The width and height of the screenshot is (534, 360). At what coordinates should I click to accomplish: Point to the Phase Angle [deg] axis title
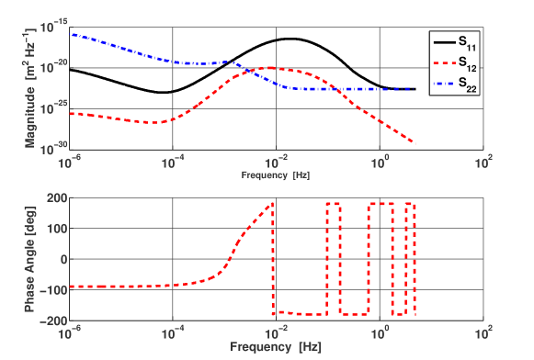click(x=29, y=258)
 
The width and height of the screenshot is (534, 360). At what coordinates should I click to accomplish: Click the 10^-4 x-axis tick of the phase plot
click(x=173, y=334)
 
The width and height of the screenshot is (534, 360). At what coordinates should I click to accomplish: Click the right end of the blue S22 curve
click(x=408, y=89)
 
